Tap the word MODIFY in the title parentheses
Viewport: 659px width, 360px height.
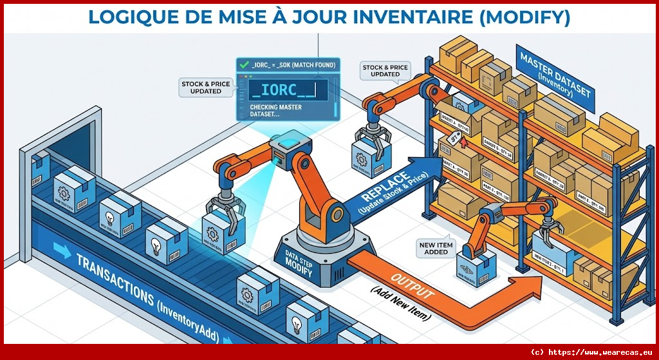pos(523,16)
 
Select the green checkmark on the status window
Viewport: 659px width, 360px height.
pos(243,65)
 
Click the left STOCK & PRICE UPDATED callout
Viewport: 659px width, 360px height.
pos(201,87)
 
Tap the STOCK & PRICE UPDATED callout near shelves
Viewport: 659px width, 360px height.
pos(385,70)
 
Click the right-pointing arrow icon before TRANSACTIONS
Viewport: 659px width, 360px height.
pos(62,250)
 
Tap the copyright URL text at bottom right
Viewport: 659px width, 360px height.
pos(591,352)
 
